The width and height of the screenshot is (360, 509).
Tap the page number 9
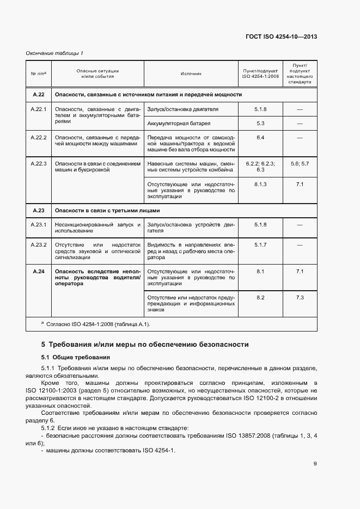point(315,464)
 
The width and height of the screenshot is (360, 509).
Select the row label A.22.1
point(38,109)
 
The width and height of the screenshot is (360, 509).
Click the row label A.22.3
point(38,163)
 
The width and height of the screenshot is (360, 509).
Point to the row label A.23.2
point(38,244)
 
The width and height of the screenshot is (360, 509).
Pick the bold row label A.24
point(38,271)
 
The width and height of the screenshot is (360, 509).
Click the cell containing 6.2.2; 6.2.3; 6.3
point(260,167)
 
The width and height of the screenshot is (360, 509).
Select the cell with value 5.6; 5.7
point(300,163)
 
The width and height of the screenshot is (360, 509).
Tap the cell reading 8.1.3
point(260,185)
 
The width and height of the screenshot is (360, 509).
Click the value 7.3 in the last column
point(300,297)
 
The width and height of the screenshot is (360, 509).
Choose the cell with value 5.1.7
point(260,244)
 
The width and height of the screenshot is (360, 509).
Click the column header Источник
point(191,74)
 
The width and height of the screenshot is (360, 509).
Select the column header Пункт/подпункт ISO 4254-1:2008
point(260,74)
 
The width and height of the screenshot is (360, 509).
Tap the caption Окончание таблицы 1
point(54,53)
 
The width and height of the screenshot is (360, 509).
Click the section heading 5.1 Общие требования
point(76,358)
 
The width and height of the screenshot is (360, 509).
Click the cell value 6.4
point(260,137)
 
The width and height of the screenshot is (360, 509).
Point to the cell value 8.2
point(260,297)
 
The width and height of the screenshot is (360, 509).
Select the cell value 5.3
point(260,123)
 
